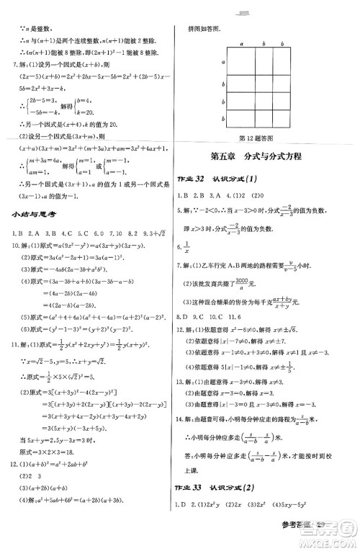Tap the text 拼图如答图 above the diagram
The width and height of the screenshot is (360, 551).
click(x=204, y=31)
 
